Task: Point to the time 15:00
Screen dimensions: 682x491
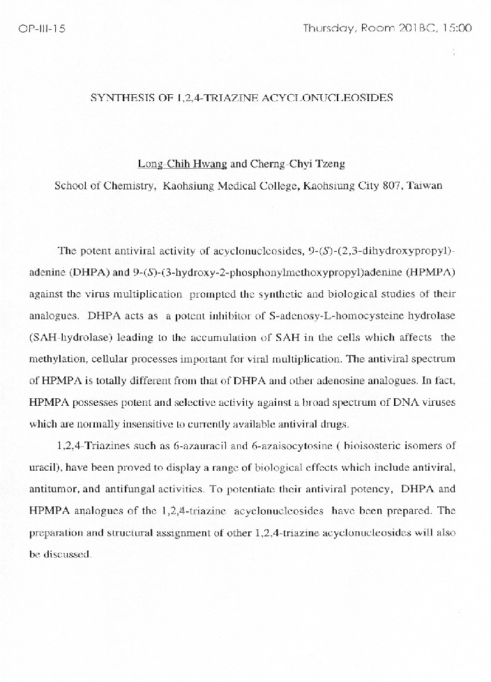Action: click(x=457, y=29)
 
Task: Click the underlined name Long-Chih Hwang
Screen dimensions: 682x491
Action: click(x=182, y=165)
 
